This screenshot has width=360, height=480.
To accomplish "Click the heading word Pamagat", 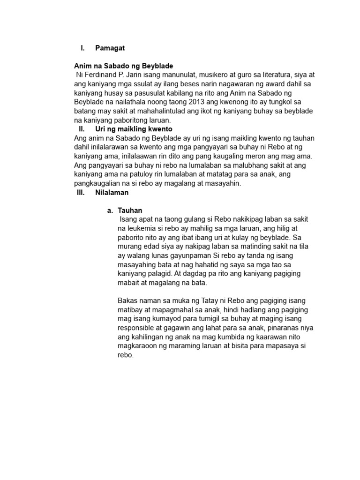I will tap(110, 48).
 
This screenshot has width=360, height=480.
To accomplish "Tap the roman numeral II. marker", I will tap(81, 128).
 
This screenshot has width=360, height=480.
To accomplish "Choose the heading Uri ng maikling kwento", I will tap(134, 128).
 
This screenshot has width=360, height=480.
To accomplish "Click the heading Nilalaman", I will tap(112, 192).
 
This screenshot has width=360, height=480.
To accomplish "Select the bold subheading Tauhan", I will tap(130, 210).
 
